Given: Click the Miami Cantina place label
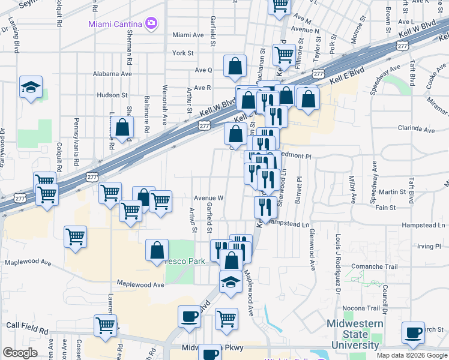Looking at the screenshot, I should coord(115,24).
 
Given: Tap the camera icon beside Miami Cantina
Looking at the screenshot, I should coord(151,23).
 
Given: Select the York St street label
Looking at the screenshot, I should coord(183,53).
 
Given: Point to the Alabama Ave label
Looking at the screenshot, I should coord(112,74).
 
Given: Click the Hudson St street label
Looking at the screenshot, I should coord(112,95).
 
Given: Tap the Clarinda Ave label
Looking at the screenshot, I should coord(416,128).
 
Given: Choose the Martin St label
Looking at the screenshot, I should coord(393,192).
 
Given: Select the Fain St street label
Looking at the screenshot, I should coord(385,208).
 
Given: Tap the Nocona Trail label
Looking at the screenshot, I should coord(361,308).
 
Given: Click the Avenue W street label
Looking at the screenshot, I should coord(208,197).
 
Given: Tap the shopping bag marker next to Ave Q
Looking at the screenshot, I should coord(235,67).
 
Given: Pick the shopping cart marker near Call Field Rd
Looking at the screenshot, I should coord(106,325).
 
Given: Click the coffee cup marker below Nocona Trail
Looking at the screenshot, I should coord(413,333).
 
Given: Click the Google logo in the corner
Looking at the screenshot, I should coord(20,353).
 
